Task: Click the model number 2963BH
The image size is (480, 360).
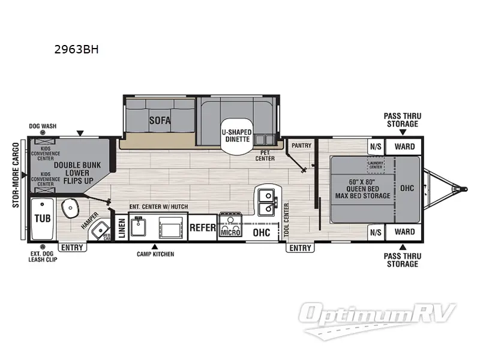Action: tap(76, 50)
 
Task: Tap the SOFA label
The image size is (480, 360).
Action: tap(160, 121)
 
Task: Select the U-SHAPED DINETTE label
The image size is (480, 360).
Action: tap(236, 136)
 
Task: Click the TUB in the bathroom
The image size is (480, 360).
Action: tap(41, 218)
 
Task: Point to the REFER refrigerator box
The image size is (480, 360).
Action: tap(203, 228)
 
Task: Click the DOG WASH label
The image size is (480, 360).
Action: tap(43, 126)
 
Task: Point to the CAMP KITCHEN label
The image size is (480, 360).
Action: tap(155, 254)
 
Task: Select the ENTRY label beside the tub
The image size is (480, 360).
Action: tap(73, 247)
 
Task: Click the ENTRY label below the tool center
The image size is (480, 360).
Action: tap(300, 248)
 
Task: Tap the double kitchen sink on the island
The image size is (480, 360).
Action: tap(265, 202)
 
